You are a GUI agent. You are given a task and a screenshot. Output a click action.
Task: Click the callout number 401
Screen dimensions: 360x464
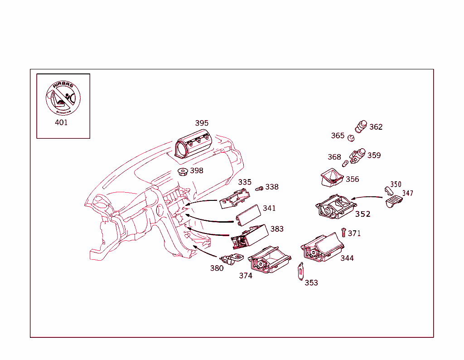point(61,122)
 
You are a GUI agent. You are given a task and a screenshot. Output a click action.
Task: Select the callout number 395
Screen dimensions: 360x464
point(202,123)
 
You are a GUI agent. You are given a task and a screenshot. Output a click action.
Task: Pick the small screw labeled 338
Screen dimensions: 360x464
point(260,188)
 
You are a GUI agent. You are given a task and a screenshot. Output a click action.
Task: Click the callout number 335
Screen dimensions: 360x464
point(245,182)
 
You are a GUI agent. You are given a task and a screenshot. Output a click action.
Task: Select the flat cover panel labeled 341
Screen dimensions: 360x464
point(248,215)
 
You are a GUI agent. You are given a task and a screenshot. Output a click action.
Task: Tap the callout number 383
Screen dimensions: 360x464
point(277,229)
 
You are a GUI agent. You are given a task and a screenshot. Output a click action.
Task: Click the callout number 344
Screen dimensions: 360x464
point(347,258)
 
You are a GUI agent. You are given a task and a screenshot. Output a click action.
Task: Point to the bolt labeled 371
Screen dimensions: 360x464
point(343,232)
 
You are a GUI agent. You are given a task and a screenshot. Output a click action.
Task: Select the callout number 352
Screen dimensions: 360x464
point(362,214)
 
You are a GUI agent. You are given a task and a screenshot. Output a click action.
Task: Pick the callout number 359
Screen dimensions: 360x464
point(374,155)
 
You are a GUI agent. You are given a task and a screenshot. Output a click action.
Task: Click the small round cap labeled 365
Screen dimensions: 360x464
point(350,137)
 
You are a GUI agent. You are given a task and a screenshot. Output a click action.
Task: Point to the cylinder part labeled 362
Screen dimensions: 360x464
point(361,126)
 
